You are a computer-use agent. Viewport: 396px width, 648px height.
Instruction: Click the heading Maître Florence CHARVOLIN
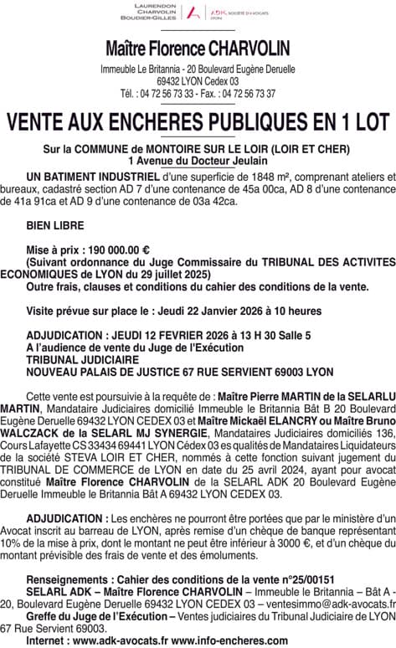[198, 49]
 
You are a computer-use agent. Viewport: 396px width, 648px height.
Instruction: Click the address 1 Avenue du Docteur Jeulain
[198, 159]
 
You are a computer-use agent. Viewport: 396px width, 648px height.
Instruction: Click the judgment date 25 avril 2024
[239, 471]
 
